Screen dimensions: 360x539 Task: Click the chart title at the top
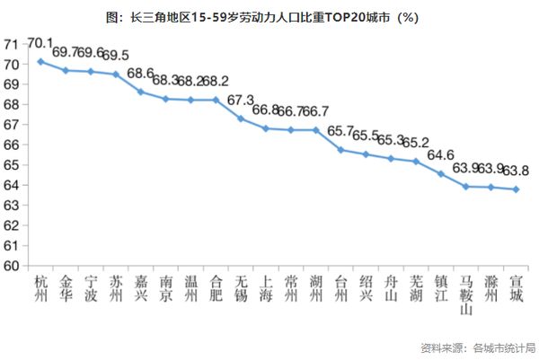(x=269, y=16)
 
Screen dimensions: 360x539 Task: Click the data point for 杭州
(x=40, y=61)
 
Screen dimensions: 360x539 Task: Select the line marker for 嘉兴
(x=140, y=92)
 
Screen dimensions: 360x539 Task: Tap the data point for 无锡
(x=241, y=118)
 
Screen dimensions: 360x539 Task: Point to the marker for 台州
(x=340, y=150)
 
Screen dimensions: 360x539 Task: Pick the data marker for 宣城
(x=515, y=189)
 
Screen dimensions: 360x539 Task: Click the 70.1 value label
(x=40, y=43)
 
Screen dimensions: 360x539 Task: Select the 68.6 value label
(x=140, y=74)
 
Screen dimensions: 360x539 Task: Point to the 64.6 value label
(x=440, y=154)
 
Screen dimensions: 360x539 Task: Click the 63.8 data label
(x=515, y=171)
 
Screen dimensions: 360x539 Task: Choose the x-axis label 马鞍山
(x=465, y=295)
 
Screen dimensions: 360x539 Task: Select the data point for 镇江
(x=440, y=173)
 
